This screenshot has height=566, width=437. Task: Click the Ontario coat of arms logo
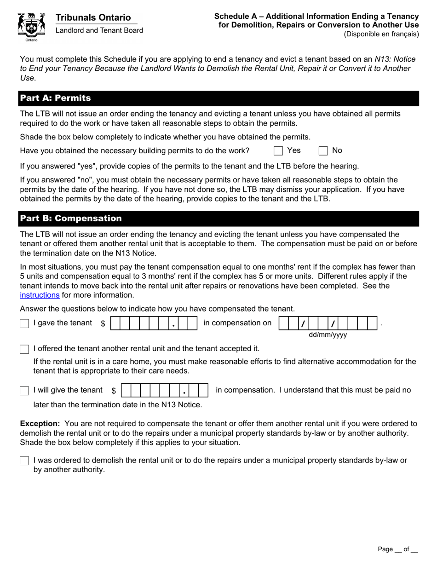pos(31,27)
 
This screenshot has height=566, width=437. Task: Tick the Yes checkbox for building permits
pos(278,151)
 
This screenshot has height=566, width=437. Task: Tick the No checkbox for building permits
pos(323,151)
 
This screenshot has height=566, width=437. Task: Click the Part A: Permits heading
pos(55,98)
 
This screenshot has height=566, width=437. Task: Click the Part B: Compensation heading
pos(70,219)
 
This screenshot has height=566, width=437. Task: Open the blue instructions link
pos(40,295)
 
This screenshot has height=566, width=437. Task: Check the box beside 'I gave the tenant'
pos(24,324)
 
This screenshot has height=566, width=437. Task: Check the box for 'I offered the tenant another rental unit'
pos(24,349)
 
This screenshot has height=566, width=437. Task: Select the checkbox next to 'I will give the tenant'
pos(24,391)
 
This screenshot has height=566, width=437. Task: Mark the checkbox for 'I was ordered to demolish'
pos(24,461)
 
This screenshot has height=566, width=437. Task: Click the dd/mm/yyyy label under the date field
pos(328,335)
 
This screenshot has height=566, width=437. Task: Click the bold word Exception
pos(40,423)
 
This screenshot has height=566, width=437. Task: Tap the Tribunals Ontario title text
pos(93,17)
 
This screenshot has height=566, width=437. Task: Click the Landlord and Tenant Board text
pos(99,30)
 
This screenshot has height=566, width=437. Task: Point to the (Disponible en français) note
pos(381,34)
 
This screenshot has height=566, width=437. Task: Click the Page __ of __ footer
pos(397,549)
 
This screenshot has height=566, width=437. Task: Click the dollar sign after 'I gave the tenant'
pos(103,323)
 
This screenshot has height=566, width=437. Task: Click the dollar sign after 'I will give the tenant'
pos(114,391)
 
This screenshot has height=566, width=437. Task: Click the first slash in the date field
pos(303,324)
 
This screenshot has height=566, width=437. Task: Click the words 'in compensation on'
pos(237,323)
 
